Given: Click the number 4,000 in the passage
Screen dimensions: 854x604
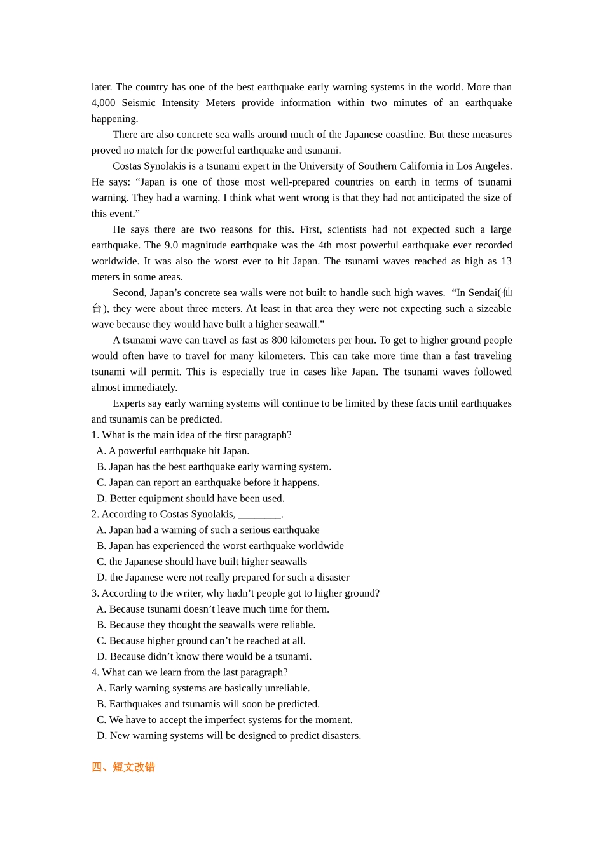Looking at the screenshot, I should tap(103, 103).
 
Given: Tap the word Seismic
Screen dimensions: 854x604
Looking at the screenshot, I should tap(139, 103).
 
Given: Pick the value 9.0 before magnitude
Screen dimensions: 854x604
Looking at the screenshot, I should tap(172, 245).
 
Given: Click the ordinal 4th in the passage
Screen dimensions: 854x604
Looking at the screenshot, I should tap(325, 245).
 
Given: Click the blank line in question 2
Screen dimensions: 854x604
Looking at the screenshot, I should tap(259, 515).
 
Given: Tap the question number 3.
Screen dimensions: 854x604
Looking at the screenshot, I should tap(95, 593).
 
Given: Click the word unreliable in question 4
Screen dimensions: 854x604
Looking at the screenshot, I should tap(286, 688).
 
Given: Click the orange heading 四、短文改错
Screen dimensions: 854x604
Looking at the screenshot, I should tap(123, 768).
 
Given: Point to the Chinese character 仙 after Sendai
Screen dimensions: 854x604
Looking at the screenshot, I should tap(507, 293).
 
